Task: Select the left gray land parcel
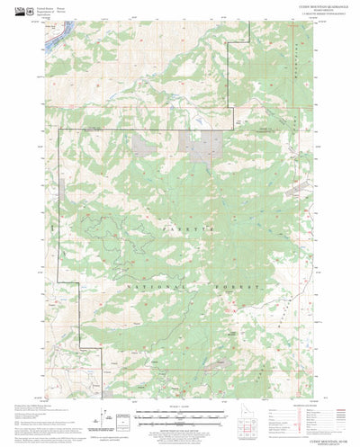pyautogui.click(x=145, y=139)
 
